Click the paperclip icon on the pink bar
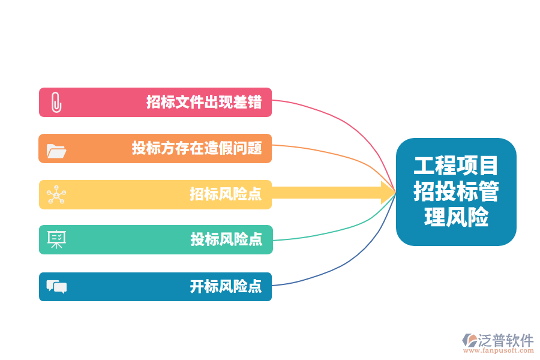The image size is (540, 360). pyautogui.click(x=56, y=103)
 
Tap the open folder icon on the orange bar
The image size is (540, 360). pyautogui.click(x=56, y=151)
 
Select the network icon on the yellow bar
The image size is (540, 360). pyautogui.click(x=56, y=194)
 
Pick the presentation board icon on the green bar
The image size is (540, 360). pyautogui.click(x=56, y=239)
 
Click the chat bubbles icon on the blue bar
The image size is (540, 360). pyautogui.click(x=56, y=287)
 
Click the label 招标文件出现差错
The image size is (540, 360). pyautogui.click(x=204, y=103)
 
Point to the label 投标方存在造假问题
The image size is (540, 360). pyautogui.click(x=197, y=148)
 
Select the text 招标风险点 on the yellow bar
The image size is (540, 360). pyautogui.click(x=226, y=194)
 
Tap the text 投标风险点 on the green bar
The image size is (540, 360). pyautogui.click(x=226, y=239)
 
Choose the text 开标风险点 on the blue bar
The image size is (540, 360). pyautogui.click(x=226, y=287)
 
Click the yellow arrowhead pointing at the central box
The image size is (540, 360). pyautogui.click(x=388, y=193)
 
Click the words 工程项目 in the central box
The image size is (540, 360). pyautogui.click(x=456, y=166)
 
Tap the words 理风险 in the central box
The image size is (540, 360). pyautogui.click(x=456, y=217)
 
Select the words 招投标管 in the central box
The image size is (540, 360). pyautogui.click(x=456, y=191)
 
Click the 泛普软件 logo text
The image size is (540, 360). pyautogui.click(x=506, y=340)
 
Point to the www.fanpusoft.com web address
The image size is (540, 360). pyautogui.click(x=499, y=350)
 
